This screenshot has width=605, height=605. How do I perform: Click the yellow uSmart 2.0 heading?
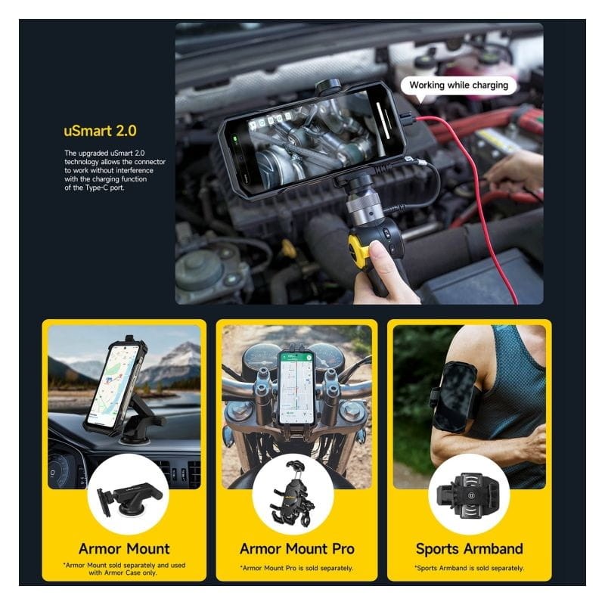100,131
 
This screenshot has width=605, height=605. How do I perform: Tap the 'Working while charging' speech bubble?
458,85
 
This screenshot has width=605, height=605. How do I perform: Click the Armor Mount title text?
124,549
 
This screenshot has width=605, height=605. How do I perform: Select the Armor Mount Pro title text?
296,549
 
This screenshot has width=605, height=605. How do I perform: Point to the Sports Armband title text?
469,549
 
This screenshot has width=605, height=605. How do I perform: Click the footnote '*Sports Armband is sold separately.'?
469,568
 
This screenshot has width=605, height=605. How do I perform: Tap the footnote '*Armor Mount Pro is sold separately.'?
296,568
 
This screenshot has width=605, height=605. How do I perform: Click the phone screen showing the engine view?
309,141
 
